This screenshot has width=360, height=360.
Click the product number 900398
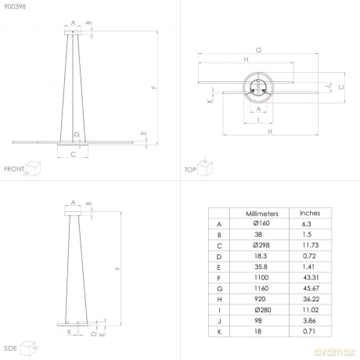(x=15, y=6)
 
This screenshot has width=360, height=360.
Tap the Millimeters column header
(x=262, y=214)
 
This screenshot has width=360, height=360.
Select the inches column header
(x=310, y=213)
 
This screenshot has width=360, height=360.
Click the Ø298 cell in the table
(x=261, y=245)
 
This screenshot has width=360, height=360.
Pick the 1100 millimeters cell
(x=261, y=278)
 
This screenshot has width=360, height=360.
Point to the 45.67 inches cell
(x=311, y=288)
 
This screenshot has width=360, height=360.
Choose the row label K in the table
(x=219, y=332)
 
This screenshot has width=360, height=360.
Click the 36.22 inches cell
(x=311, y=299)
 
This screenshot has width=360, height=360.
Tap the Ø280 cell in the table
(x=263, y=310)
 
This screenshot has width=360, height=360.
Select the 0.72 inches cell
(x=309, y=256)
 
